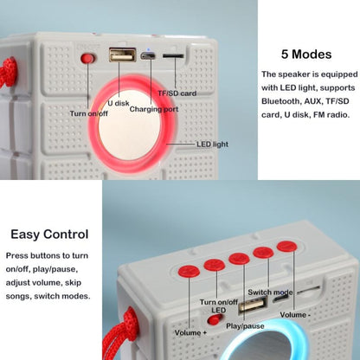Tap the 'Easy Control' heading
48,234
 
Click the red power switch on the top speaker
87,59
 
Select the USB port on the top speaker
119,55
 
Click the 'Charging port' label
153,109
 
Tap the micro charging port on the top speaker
149,57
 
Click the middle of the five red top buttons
239,258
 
